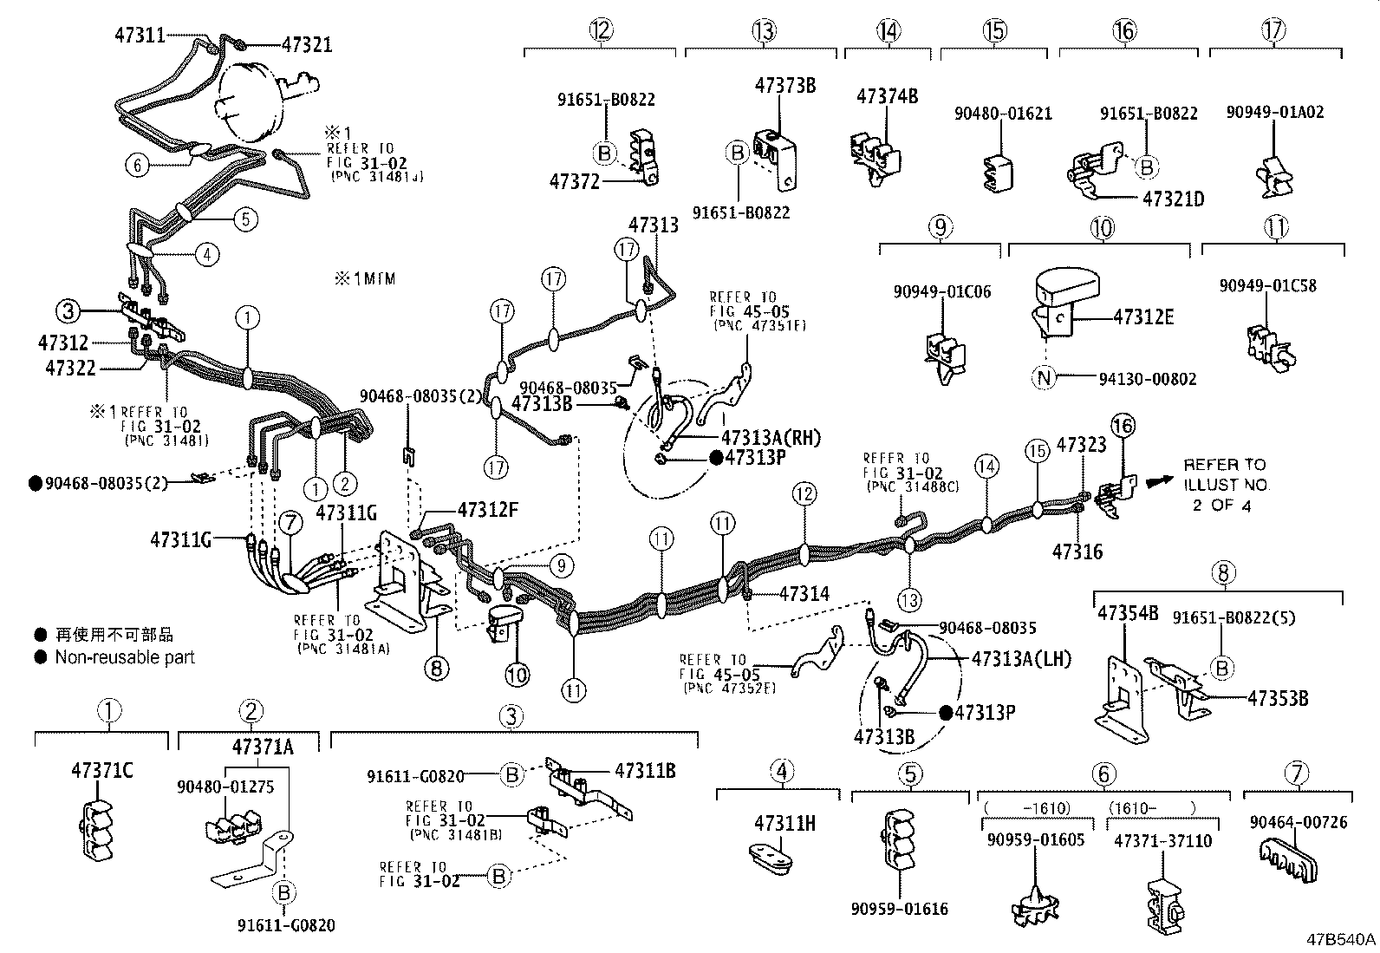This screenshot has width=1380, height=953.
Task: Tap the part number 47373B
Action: [x=785, y=85]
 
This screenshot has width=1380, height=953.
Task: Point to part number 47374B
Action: [x=887, y=95]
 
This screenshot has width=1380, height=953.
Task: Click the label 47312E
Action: [x=1143, y=317]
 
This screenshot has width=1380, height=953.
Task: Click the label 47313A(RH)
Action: [x=771, y=437]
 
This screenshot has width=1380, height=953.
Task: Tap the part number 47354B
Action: [x=1128, y=614]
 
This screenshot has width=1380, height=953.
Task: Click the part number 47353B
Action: [x=1278, y=697]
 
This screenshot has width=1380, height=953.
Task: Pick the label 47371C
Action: [x=101, y=770]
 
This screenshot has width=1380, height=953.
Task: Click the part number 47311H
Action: [x=784, y=823]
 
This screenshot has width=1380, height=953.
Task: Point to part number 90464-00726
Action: [x=1299, y=822]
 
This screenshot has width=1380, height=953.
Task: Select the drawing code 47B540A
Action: [x=1341, y=940]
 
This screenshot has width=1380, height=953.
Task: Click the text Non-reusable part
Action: [x=125, y=657]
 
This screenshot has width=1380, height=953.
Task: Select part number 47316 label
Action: [x=1078, y=551]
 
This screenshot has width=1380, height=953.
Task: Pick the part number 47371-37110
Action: [x=1162, y=841]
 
